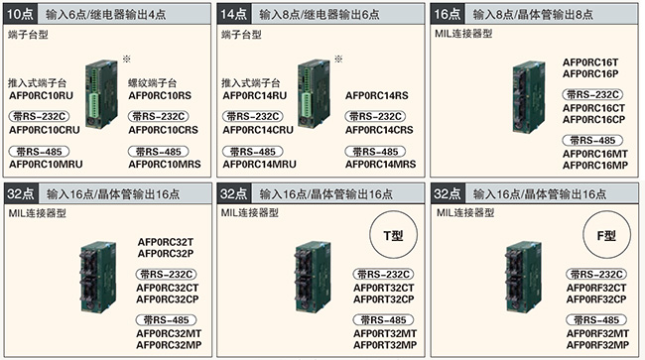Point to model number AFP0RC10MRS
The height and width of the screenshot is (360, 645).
(x=166, y=163)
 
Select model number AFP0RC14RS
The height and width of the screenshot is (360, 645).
(x=377, y=95)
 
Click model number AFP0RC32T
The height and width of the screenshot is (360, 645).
(x=166, y=243)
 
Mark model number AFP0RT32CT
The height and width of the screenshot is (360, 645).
(x=380, y=288)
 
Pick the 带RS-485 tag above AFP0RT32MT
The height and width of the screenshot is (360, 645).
(x=379, y=320)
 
